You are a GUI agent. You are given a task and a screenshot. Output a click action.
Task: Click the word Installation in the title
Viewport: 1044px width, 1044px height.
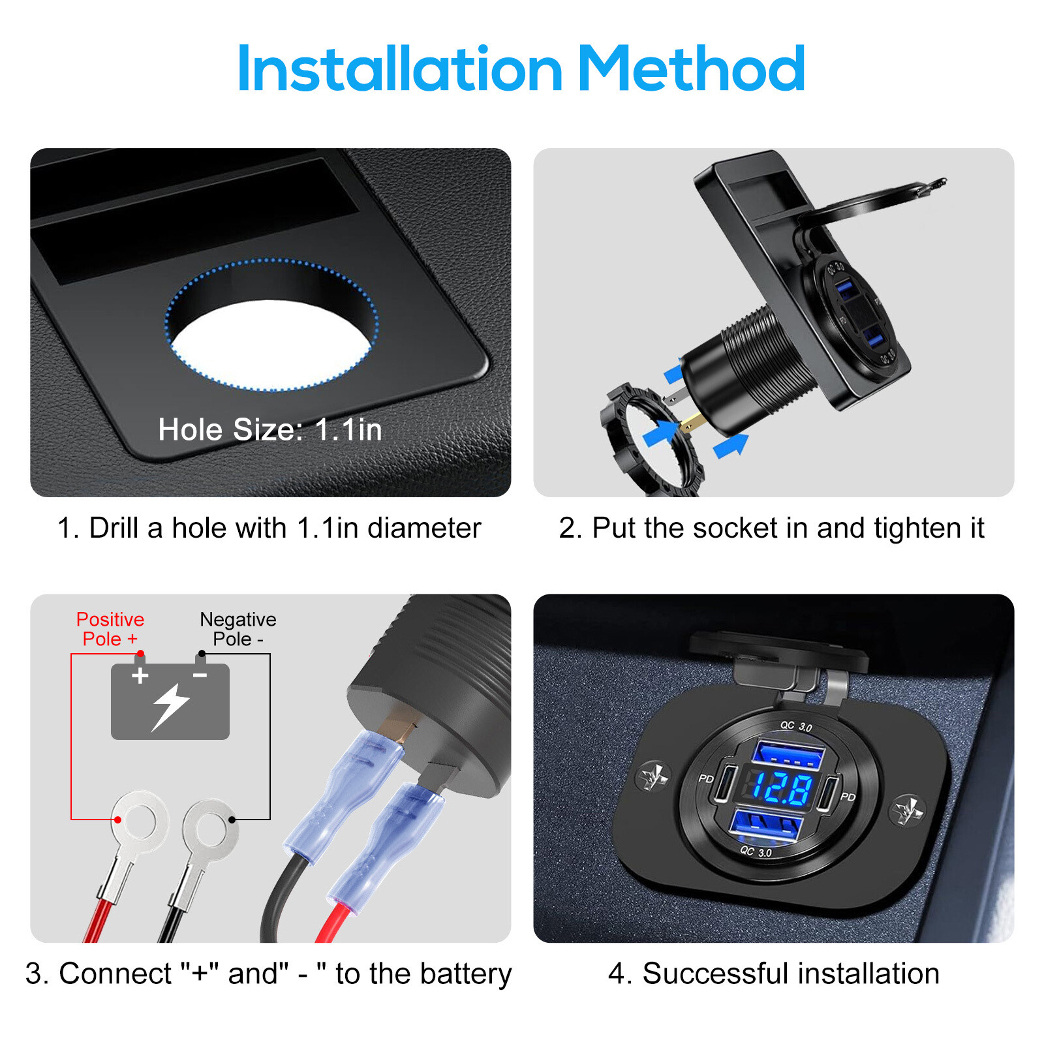pos(400,69)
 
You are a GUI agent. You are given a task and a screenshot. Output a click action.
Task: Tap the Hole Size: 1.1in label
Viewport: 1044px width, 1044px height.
pos(269,430)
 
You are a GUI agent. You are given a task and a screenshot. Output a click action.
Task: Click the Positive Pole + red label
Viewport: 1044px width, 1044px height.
pos(110,629)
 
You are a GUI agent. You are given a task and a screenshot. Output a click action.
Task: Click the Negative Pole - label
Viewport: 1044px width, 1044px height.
pos(238,629)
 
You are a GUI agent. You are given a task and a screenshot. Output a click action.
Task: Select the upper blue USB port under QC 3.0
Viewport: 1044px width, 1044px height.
pos(788,754)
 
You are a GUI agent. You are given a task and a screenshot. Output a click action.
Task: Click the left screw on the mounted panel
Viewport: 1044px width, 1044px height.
pos(652,776)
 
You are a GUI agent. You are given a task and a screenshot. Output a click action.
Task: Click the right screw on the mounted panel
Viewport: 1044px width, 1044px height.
pos(908,811)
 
